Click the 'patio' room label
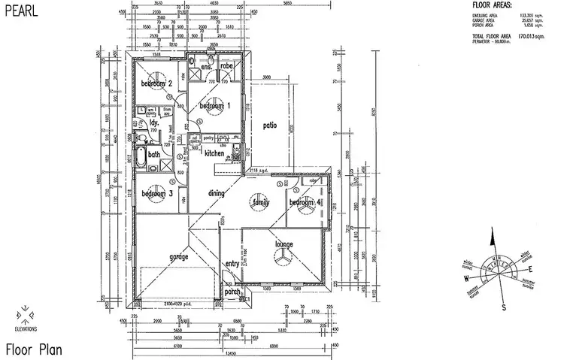[271, 126]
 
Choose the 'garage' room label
[178, 256]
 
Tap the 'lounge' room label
[284, 244]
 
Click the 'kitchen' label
[215, 153]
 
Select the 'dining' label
[217, 193]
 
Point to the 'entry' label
[232, 264]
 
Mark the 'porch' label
[232, 292]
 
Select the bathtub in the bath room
[140, 156]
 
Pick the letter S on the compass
[505, 307]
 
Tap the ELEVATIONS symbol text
[24, 328]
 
